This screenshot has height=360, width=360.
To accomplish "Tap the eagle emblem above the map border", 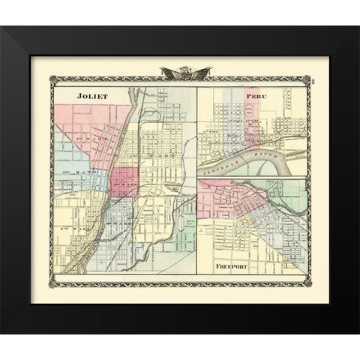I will point(180,73).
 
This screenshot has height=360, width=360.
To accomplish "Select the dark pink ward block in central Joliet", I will point(124,181).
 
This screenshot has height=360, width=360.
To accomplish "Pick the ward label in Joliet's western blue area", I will point(73,180).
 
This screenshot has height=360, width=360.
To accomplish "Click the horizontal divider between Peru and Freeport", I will point(252,178).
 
